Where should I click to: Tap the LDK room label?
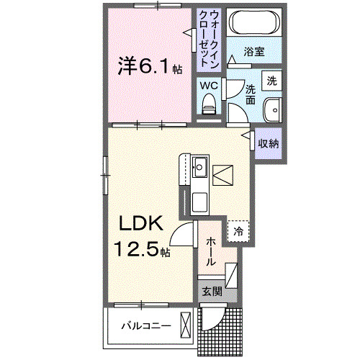click(140, 224)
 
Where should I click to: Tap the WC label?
click(209, 85)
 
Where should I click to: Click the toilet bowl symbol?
click(209, 106)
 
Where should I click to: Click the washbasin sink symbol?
click(271, 111)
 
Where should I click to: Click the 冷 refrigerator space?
click(238, 230)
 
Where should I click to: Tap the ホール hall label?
click(210, 253)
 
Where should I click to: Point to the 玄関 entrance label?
click(211, 292)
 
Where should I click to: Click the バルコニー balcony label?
click(145, 325)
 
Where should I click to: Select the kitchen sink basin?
click(199, 170)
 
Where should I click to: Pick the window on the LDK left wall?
click(106, 173)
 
